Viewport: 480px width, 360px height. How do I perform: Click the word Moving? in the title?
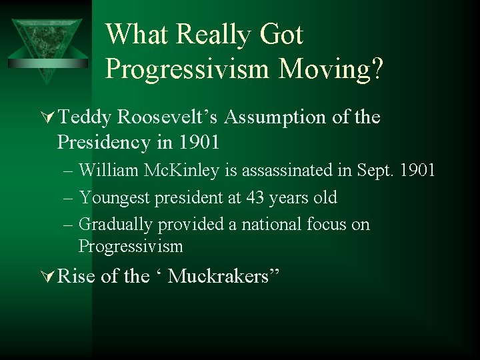click(x=342, y=68)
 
